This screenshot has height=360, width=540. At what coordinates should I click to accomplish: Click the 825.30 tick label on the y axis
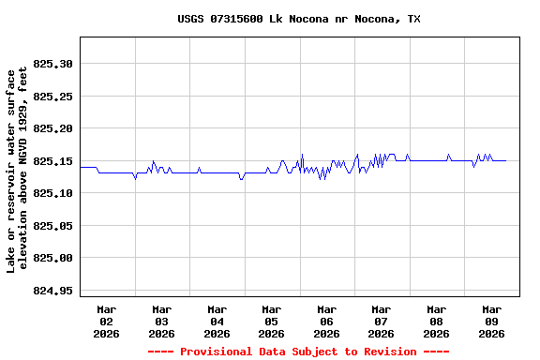52,64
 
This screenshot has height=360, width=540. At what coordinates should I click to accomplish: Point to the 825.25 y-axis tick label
52,97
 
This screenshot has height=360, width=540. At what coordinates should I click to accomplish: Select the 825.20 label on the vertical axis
52,128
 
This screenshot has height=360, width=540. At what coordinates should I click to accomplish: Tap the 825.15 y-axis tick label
52,161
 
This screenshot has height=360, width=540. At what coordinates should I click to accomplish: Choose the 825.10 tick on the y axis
52,193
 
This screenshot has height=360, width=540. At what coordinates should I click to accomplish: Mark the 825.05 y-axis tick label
52,226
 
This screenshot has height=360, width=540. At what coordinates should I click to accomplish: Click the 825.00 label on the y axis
52,258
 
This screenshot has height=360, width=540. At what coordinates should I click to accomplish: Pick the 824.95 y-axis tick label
52,291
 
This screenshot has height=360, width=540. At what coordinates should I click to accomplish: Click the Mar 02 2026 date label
107,321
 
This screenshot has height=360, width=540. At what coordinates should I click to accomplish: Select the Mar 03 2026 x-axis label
161,321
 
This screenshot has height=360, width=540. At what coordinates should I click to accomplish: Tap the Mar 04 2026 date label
217,321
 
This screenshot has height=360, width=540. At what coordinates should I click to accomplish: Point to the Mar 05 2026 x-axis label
271,321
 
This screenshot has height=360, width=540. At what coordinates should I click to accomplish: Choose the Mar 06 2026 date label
326,321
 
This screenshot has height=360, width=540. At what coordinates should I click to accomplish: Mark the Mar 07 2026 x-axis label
381,321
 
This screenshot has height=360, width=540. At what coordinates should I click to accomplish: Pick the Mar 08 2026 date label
436,321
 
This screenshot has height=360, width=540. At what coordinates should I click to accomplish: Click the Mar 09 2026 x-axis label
490,321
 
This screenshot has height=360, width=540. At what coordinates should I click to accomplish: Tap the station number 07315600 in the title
237,19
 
